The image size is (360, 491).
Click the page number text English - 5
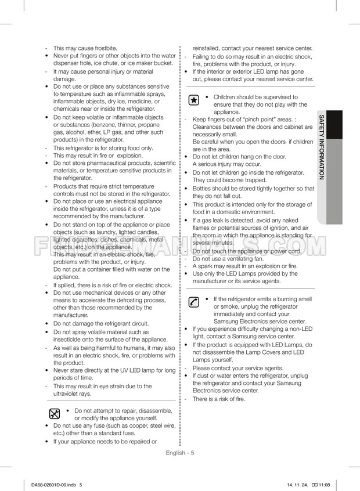coord(180,453)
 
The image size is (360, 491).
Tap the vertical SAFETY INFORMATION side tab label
coord(322,147)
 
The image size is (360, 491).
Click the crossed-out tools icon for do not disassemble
coord(54,414)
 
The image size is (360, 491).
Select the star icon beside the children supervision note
coord(194,100)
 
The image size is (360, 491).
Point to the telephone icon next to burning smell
coord(194,302)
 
